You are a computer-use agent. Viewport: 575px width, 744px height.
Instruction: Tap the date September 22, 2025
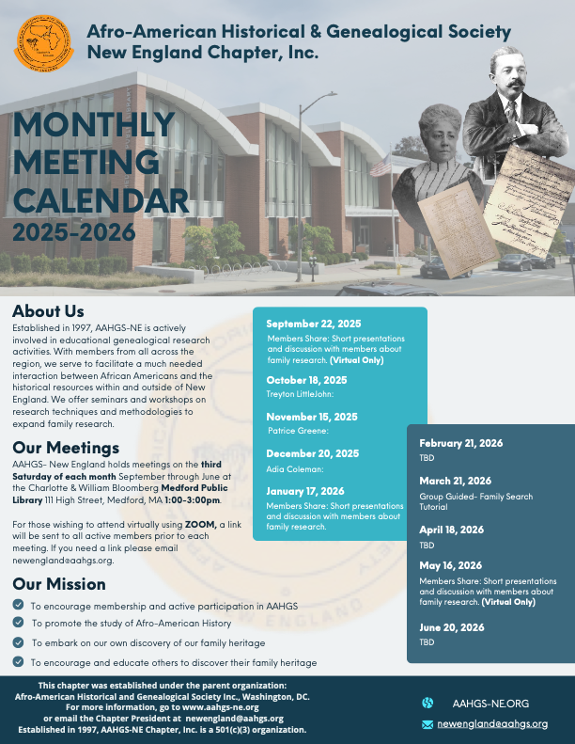pyautogui.click(x=314, y=324)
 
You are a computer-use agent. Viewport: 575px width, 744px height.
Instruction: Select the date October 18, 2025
pyautogui.click(x=307, y=380)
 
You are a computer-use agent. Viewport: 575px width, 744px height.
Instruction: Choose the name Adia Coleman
pyautogui.click(x=288, y=467)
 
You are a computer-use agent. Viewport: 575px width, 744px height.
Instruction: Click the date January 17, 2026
pyautogui.click(x=305, y=491)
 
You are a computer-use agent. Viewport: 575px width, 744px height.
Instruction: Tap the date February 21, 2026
pyautogui.click(x=461, y=442)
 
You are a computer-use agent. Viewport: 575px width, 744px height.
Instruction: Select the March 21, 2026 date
pyautogui.click(x=455, y=481)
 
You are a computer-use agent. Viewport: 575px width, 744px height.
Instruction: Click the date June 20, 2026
pyautogui.click(x=452, y=627)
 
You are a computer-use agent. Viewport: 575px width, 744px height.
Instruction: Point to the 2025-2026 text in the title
pyautogui.click(x=74, y=230)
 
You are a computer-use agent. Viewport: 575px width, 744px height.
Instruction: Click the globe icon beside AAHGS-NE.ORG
pyautogui.click(x=427, y=703)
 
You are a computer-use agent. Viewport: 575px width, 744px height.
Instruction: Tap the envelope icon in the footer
pyautogui.click(x=427, y=723)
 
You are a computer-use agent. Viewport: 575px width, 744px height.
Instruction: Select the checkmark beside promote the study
pyautogui.click(x=19, y=623)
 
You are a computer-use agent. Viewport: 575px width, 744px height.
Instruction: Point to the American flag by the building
pyautogui.click(x=381, y=166)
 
